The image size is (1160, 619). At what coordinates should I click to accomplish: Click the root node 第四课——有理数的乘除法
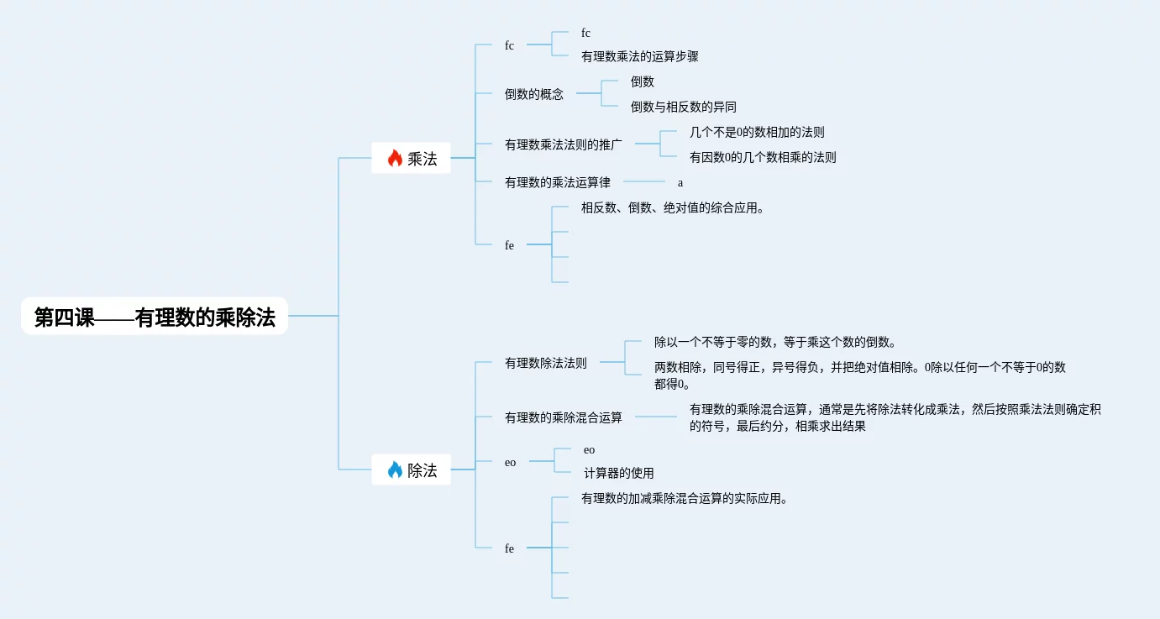click(155, 317)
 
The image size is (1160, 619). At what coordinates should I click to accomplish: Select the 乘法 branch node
click(412, 158)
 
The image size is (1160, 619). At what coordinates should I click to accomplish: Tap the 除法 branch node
click(412, 470)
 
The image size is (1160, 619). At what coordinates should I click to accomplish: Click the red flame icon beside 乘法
click(395, 158)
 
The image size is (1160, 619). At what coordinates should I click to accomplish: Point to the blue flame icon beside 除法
click(395, 470)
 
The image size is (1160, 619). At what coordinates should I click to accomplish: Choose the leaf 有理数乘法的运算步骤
click(639, 57)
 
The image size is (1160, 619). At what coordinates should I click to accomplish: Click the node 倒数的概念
click(534, 95)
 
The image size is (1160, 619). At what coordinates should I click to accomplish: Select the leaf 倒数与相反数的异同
click(683, 107)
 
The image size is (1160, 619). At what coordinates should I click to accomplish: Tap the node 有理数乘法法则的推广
click(564, 144)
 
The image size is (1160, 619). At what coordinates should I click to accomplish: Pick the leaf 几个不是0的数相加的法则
click(757, 132)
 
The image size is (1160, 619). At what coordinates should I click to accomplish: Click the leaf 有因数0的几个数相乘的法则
click(763, 157)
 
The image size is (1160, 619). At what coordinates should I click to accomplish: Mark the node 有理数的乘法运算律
click(558, 182)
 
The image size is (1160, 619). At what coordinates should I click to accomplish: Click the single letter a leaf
click(680, 182)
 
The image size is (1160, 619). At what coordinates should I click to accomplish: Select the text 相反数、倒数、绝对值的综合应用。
click(673, 208)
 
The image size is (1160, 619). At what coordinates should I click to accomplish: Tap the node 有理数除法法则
click(546, 364)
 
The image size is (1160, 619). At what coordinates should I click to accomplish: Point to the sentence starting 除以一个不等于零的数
click(775, 342)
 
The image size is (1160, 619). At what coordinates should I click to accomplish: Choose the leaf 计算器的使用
click(618, 473)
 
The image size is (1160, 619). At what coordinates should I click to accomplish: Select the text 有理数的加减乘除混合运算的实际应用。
click(685, 498)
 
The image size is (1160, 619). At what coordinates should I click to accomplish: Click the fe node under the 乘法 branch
click(509, 245)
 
